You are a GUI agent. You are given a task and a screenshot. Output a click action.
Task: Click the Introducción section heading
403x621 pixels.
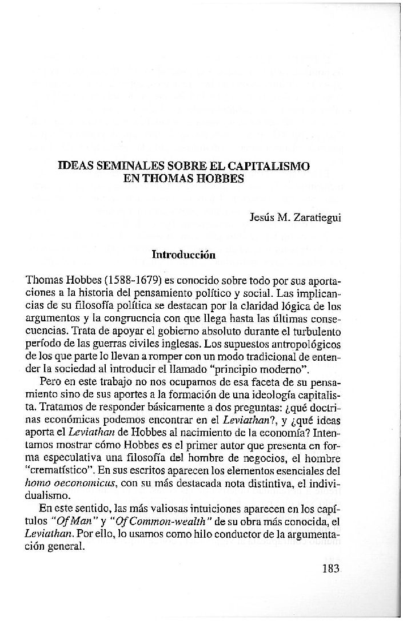(183, 255)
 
